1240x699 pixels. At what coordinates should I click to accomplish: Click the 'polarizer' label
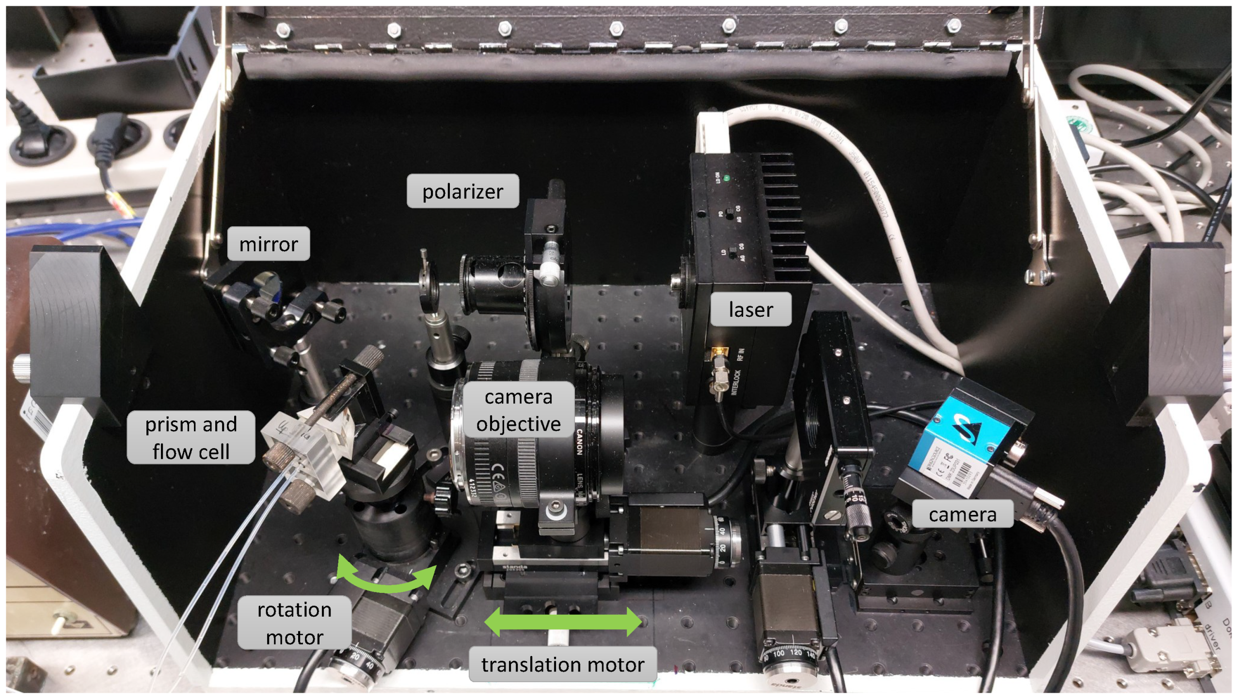click(462, 191)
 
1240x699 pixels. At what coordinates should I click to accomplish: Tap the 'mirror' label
click(268, 244)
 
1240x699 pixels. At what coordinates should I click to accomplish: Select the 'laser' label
click(750, 309)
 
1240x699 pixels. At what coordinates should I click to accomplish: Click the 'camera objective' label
click(518, 410)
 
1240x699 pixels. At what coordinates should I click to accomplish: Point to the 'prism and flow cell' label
click(191, 437)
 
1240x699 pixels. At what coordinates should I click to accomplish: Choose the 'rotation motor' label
click(294, 622)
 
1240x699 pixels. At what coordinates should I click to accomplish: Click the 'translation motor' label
click(562, 664)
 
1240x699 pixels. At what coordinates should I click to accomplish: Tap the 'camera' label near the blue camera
click(962, 514)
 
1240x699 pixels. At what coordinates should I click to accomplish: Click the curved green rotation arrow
click(385, 576)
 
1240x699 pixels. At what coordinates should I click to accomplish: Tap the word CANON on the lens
click(579, 441)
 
